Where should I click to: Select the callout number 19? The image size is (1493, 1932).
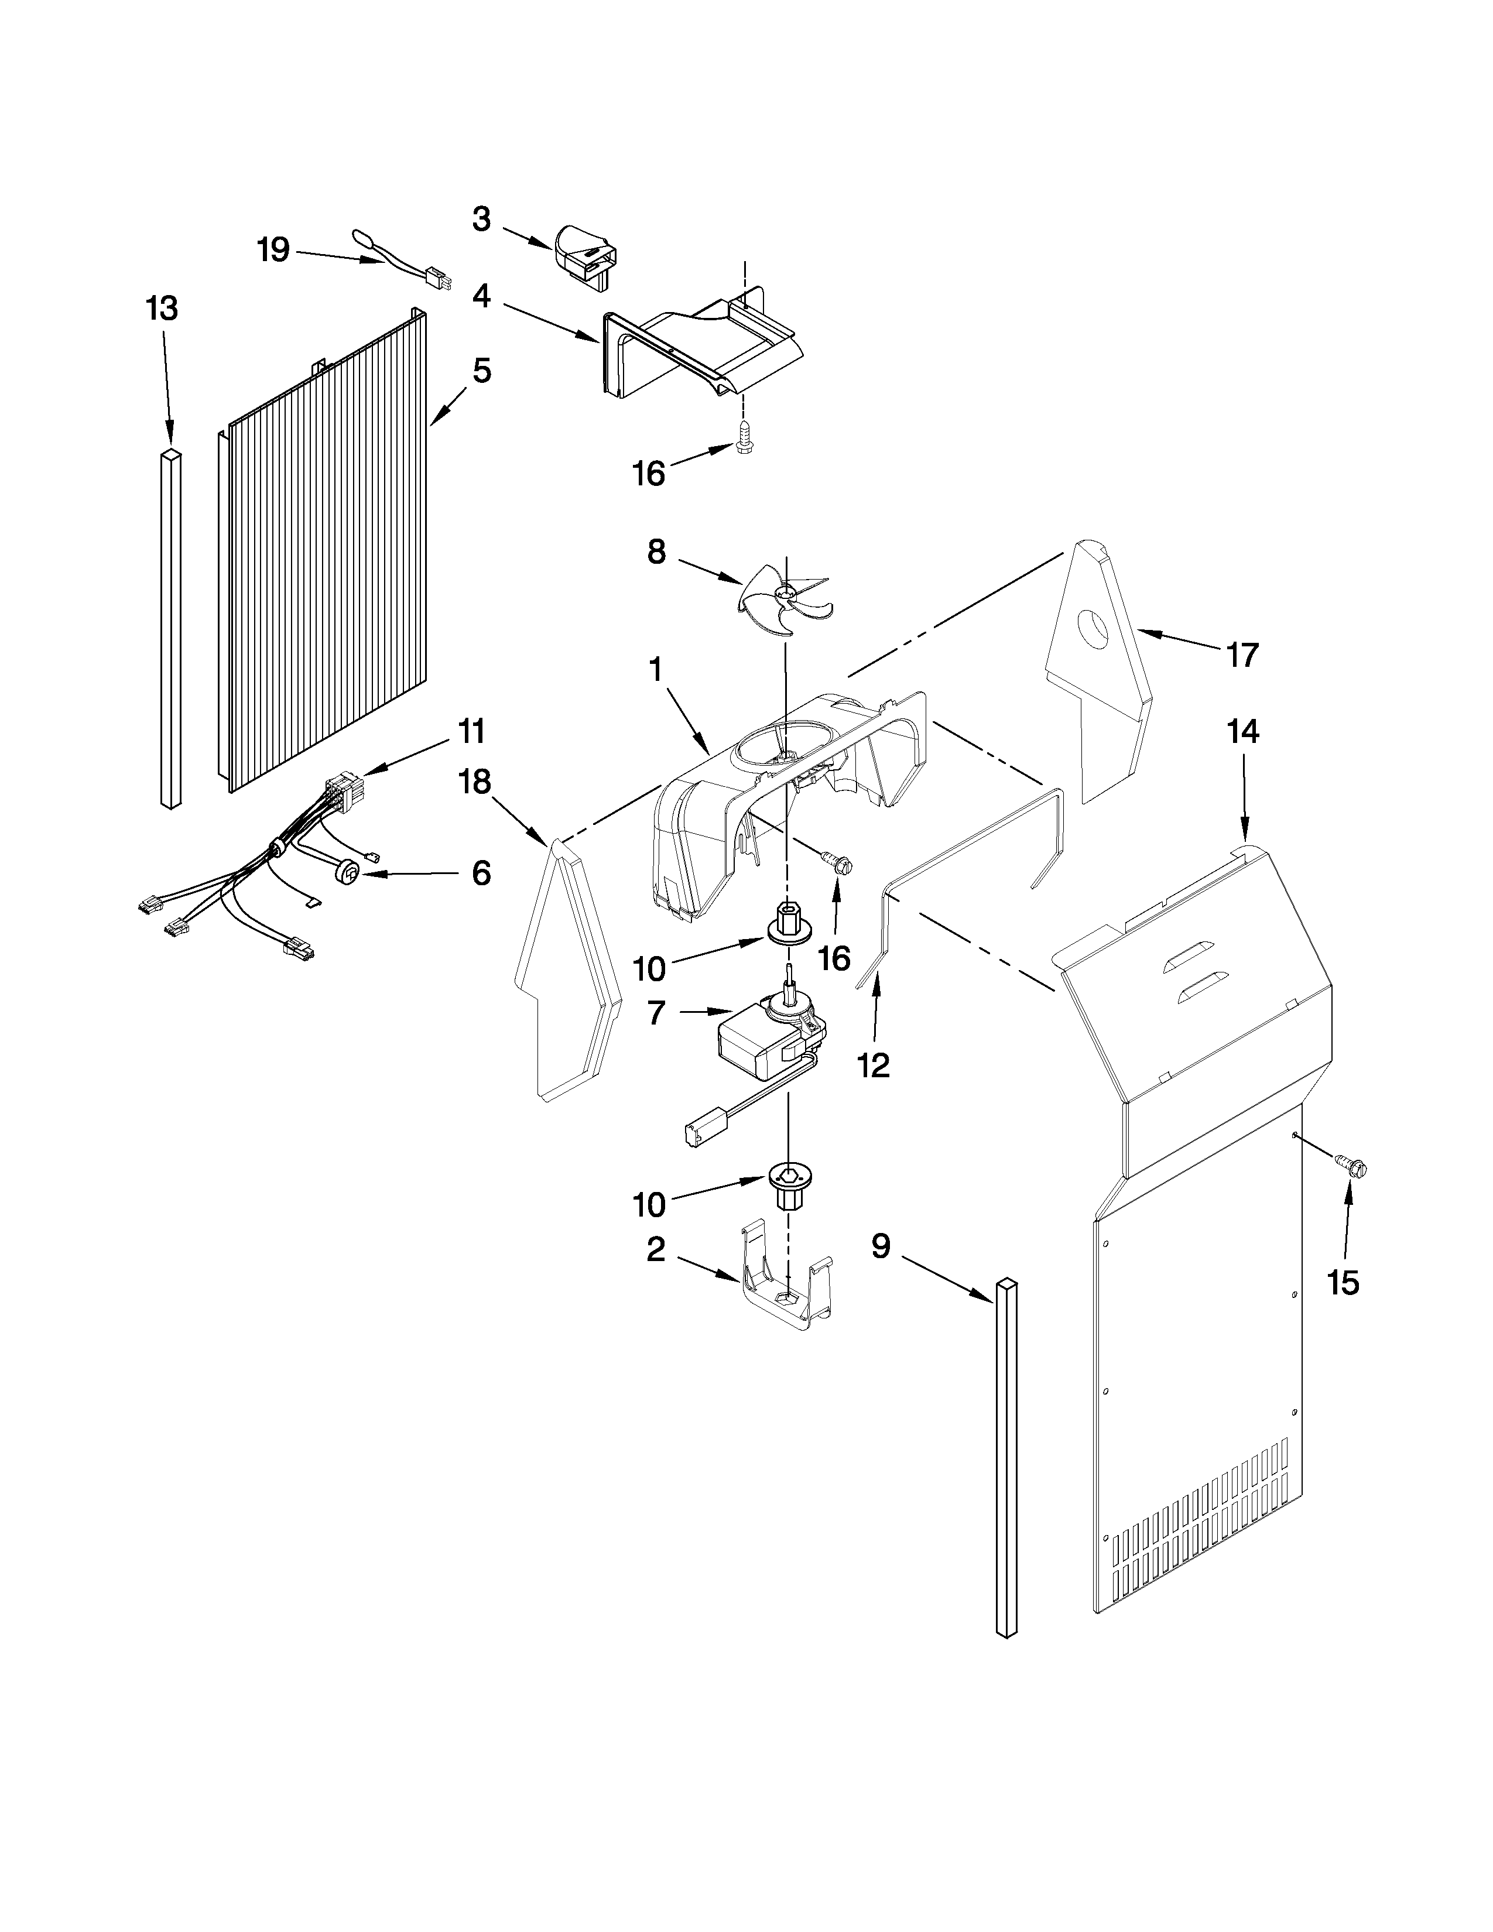point(273,251)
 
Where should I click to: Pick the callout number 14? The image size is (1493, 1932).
point(1242,732)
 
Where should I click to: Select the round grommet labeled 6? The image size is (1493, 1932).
point(350,875)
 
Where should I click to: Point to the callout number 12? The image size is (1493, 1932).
point(874,1066)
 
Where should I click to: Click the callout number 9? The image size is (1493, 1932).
point(881,1246)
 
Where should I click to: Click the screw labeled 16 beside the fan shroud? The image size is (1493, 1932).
point(836,861)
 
